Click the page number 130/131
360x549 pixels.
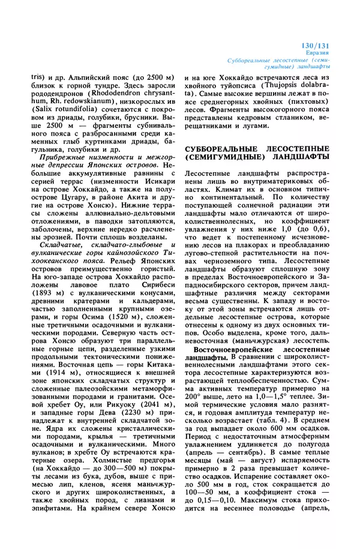[330, 46]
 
